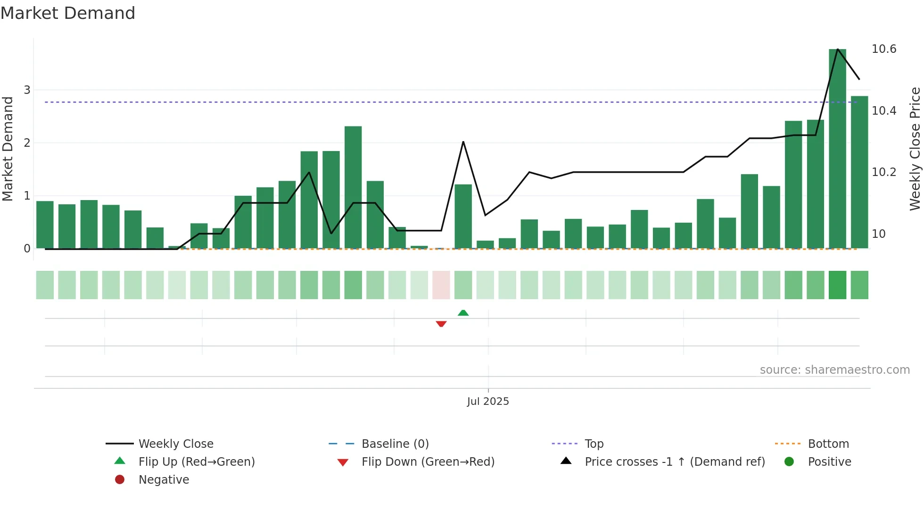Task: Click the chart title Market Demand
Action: coord(68,13)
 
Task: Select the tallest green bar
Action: coord(837,149)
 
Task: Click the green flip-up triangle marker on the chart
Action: coord(463,313)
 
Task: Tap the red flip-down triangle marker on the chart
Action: coord(441,324)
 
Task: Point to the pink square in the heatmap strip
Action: coord(441,285)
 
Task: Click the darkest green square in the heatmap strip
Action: coord(837,285)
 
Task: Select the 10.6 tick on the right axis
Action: coord(883,49)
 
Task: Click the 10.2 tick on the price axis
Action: coord(883,172)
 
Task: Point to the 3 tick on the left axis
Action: coord(27,90)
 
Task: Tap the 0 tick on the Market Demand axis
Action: coord(27,249)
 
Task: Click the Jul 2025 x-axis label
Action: coord(488,402)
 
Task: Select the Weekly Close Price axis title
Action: coord(915,149)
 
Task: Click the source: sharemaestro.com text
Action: coord(834,370)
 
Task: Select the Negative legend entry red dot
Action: coord(120,479)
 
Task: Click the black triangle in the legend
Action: coord(566,461)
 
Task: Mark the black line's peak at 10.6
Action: coord(837,49)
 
